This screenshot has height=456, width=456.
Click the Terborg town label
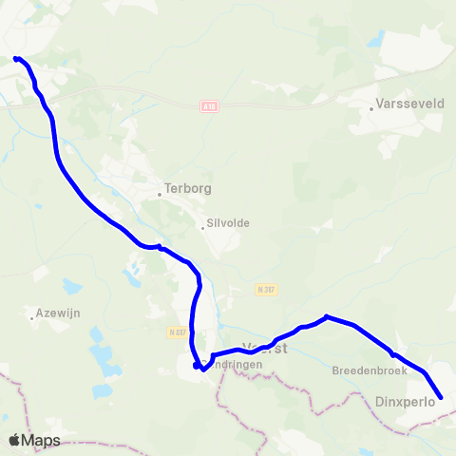[185, 188]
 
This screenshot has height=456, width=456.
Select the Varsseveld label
[409, 104]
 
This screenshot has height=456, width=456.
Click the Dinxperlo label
[405, 402]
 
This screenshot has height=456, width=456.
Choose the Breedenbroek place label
[370, 370]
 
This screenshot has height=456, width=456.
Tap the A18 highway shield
[210, 107]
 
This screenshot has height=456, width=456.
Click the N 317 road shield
[266, 289]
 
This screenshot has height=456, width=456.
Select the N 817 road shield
[178, 332]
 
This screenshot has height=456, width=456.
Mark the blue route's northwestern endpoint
[15, 59]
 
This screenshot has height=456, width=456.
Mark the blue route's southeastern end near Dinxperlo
[441, 398]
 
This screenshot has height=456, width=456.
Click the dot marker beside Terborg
[160, 194]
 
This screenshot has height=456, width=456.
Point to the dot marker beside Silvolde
[201, 226]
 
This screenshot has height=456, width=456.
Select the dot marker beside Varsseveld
[371, 109]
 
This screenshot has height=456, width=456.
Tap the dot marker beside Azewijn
[32, 318]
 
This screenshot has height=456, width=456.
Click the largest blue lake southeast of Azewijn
[96, 335]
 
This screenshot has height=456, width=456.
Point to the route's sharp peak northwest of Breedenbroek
[326, 316]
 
